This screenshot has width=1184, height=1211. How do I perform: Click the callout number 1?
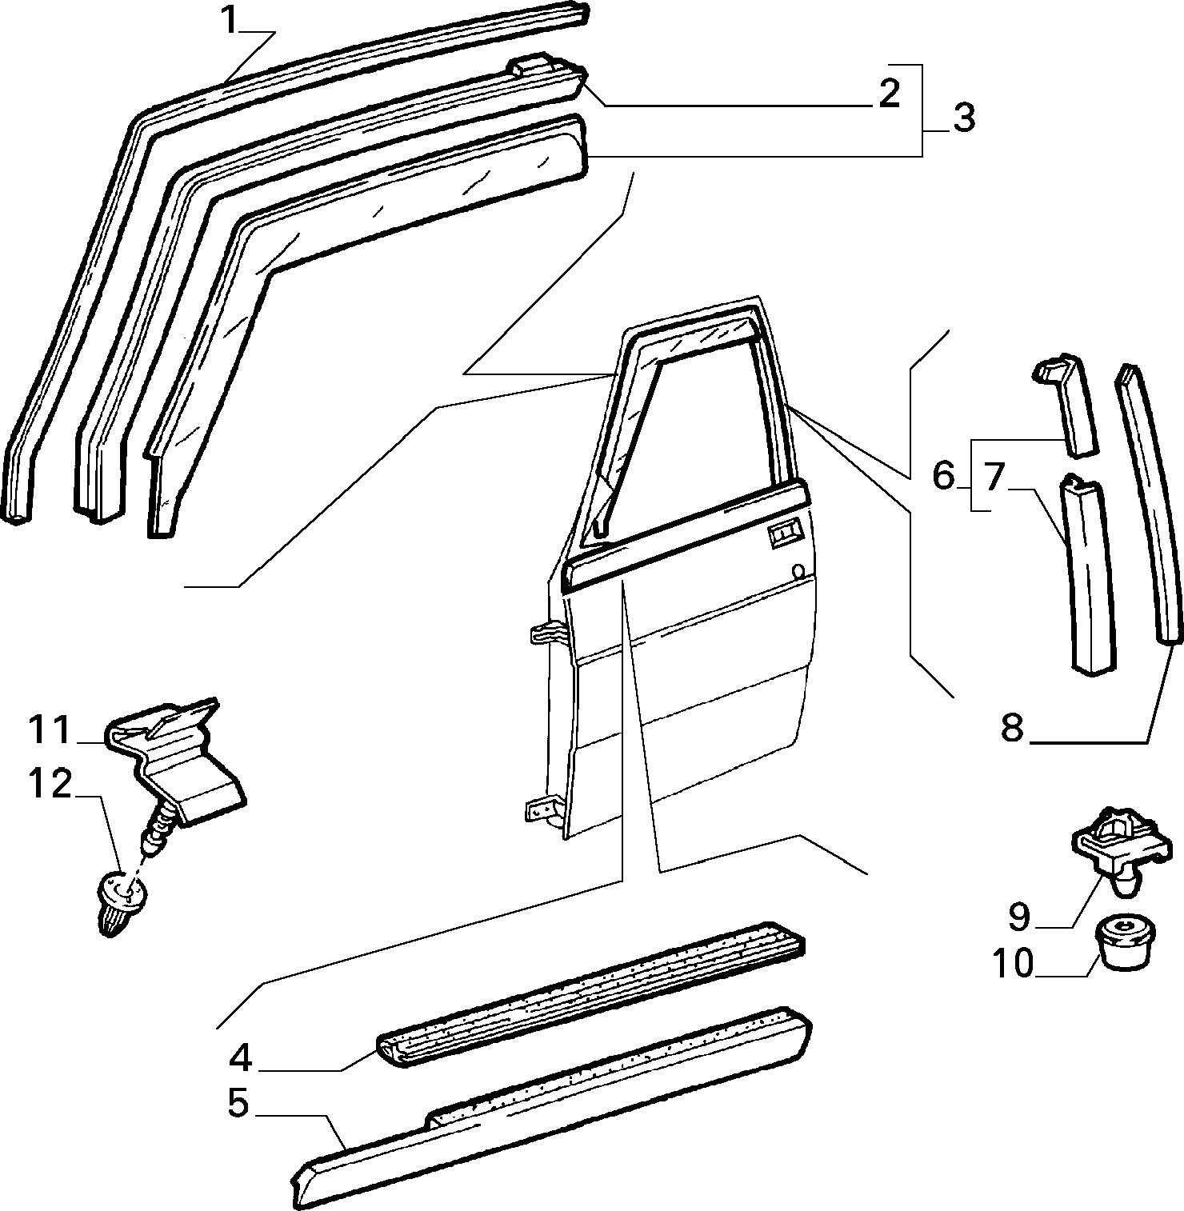(230, 20)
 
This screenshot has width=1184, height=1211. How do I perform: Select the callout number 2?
(889, 93)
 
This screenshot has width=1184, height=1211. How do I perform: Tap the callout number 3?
(963, 118)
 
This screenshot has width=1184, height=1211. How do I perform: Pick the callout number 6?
(944, 477)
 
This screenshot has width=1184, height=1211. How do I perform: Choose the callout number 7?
(994, 477)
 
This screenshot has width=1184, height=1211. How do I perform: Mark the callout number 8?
(1012, 728)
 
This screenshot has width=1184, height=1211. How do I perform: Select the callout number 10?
(1014, 964)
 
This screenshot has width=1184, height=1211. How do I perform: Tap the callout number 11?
(51, 729)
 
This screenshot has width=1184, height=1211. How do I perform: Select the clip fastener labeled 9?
(1120, 848)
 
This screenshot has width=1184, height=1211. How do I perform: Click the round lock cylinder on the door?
(796, 573)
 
